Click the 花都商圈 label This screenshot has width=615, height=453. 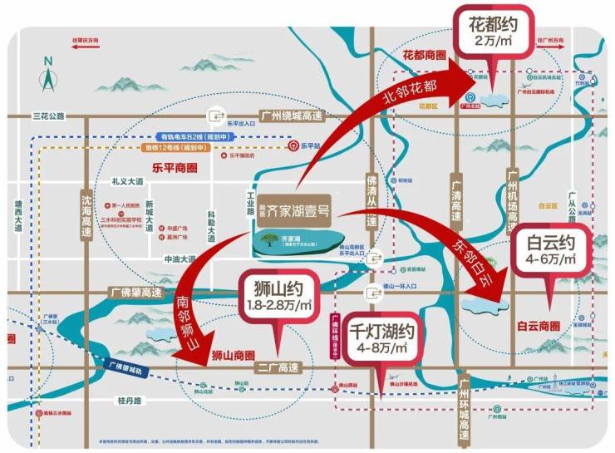tap(425, 55)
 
